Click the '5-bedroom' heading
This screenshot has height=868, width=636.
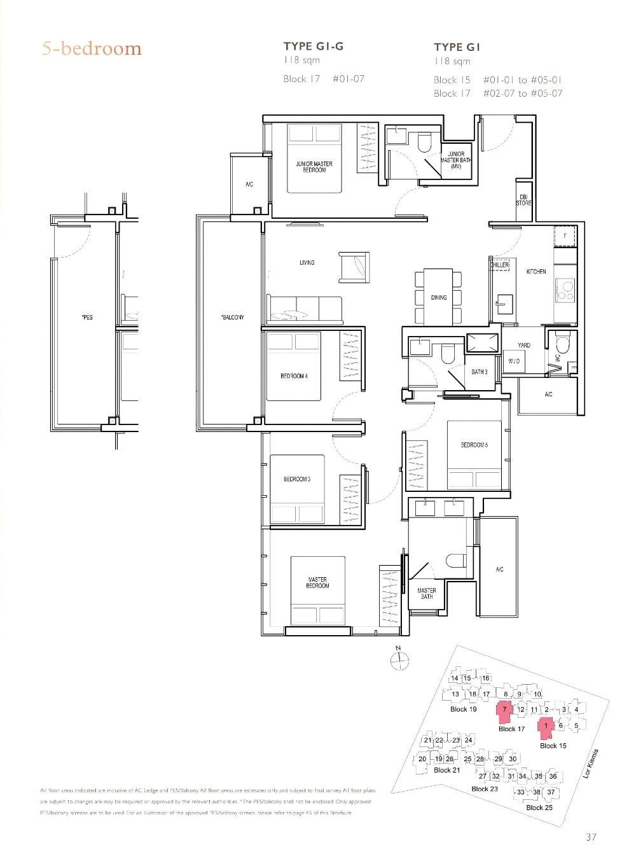pyautogui.click(x=92, y=48)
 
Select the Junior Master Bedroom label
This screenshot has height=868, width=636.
pyautogui.click(x=314, y=167)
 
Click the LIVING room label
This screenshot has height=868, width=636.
pyautogui.click(x=307, y=262)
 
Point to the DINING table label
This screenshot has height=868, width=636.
pyautogui.click(x=439, y=297)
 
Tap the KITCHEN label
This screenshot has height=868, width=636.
pyautogui.click(x=536, y=272)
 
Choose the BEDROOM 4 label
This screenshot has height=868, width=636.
pyautogui.click(x=294, y=376)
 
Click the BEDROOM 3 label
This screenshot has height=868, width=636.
pyautogui.click(x=296, y=479)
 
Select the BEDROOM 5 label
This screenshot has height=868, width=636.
pyautogui.click(x=474, y=445)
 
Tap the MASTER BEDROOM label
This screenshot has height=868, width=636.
pyautogui.click(x=317, y=582)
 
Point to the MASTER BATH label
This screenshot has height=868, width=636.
pyautogui.click(x=426, y=594)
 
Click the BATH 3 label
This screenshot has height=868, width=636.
pyautogui.click(x=480, y=372)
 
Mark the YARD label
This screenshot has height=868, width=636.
pyautogui.click(x=523, y=345)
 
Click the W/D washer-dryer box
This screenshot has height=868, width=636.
pyautogui.click(x=514, y=361)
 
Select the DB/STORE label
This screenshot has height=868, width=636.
pyautogui.click(x=523, y=200)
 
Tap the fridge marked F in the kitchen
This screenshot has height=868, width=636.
pyautogui.click(x=565, y=236)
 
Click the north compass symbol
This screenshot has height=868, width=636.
pyautogui.click(x=399, y=661)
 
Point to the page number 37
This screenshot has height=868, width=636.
pyautogui.click(x=591, y=837)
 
